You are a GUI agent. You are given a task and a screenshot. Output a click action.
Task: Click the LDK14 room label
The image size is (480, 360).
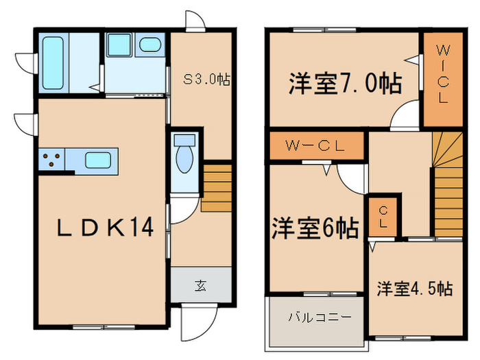tap(104, 228)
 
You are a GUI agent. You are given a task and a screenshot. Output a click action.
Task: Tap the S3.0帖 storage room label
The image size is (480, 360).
tap(206, 80)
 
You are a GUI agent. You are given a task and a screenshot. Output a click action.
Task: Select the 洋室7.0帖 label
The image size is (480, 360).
tap(344, 84)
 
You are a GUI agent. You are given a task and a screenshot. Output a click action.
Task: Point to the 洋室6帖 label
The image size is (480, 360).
tap(315, 228)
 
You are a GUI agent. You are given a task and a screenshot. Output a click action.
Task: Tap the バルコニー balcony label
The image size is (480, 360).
tap(319, 317)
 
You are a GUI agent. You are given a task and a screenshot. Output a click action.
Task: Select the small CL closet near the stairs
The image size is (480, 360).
tap(381, 215)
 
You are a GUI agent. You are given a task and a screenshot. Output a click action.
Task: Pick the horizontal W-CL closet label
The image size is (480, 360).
tap(315, 145)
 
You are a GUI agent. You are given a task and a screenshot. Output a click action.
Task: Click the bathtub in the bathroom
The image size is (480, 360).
tap(53, 62)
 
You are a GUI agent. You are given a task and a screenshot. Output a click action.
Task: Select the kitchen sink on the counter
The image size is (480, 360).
tap(98, 162)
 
